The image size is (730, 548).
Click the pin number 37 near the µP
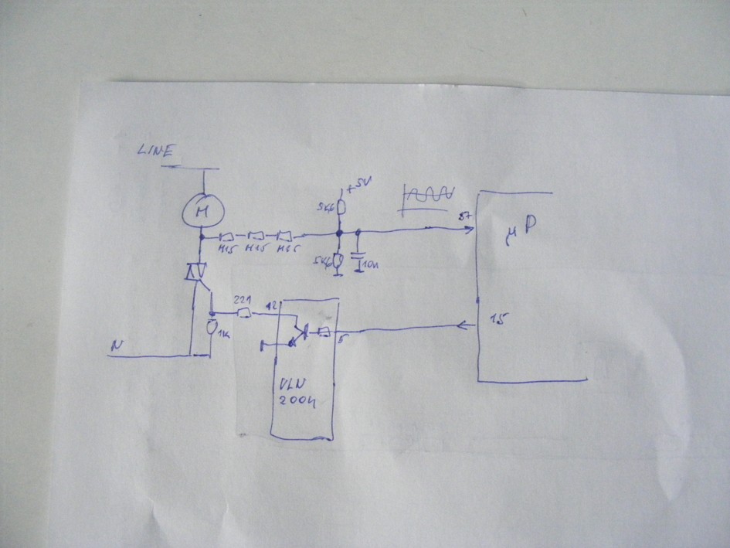coord(467,216)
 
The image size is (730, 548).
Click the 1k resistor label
coord(222,335)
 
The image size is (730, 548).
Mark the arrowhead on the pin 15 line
coord(470,325)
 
